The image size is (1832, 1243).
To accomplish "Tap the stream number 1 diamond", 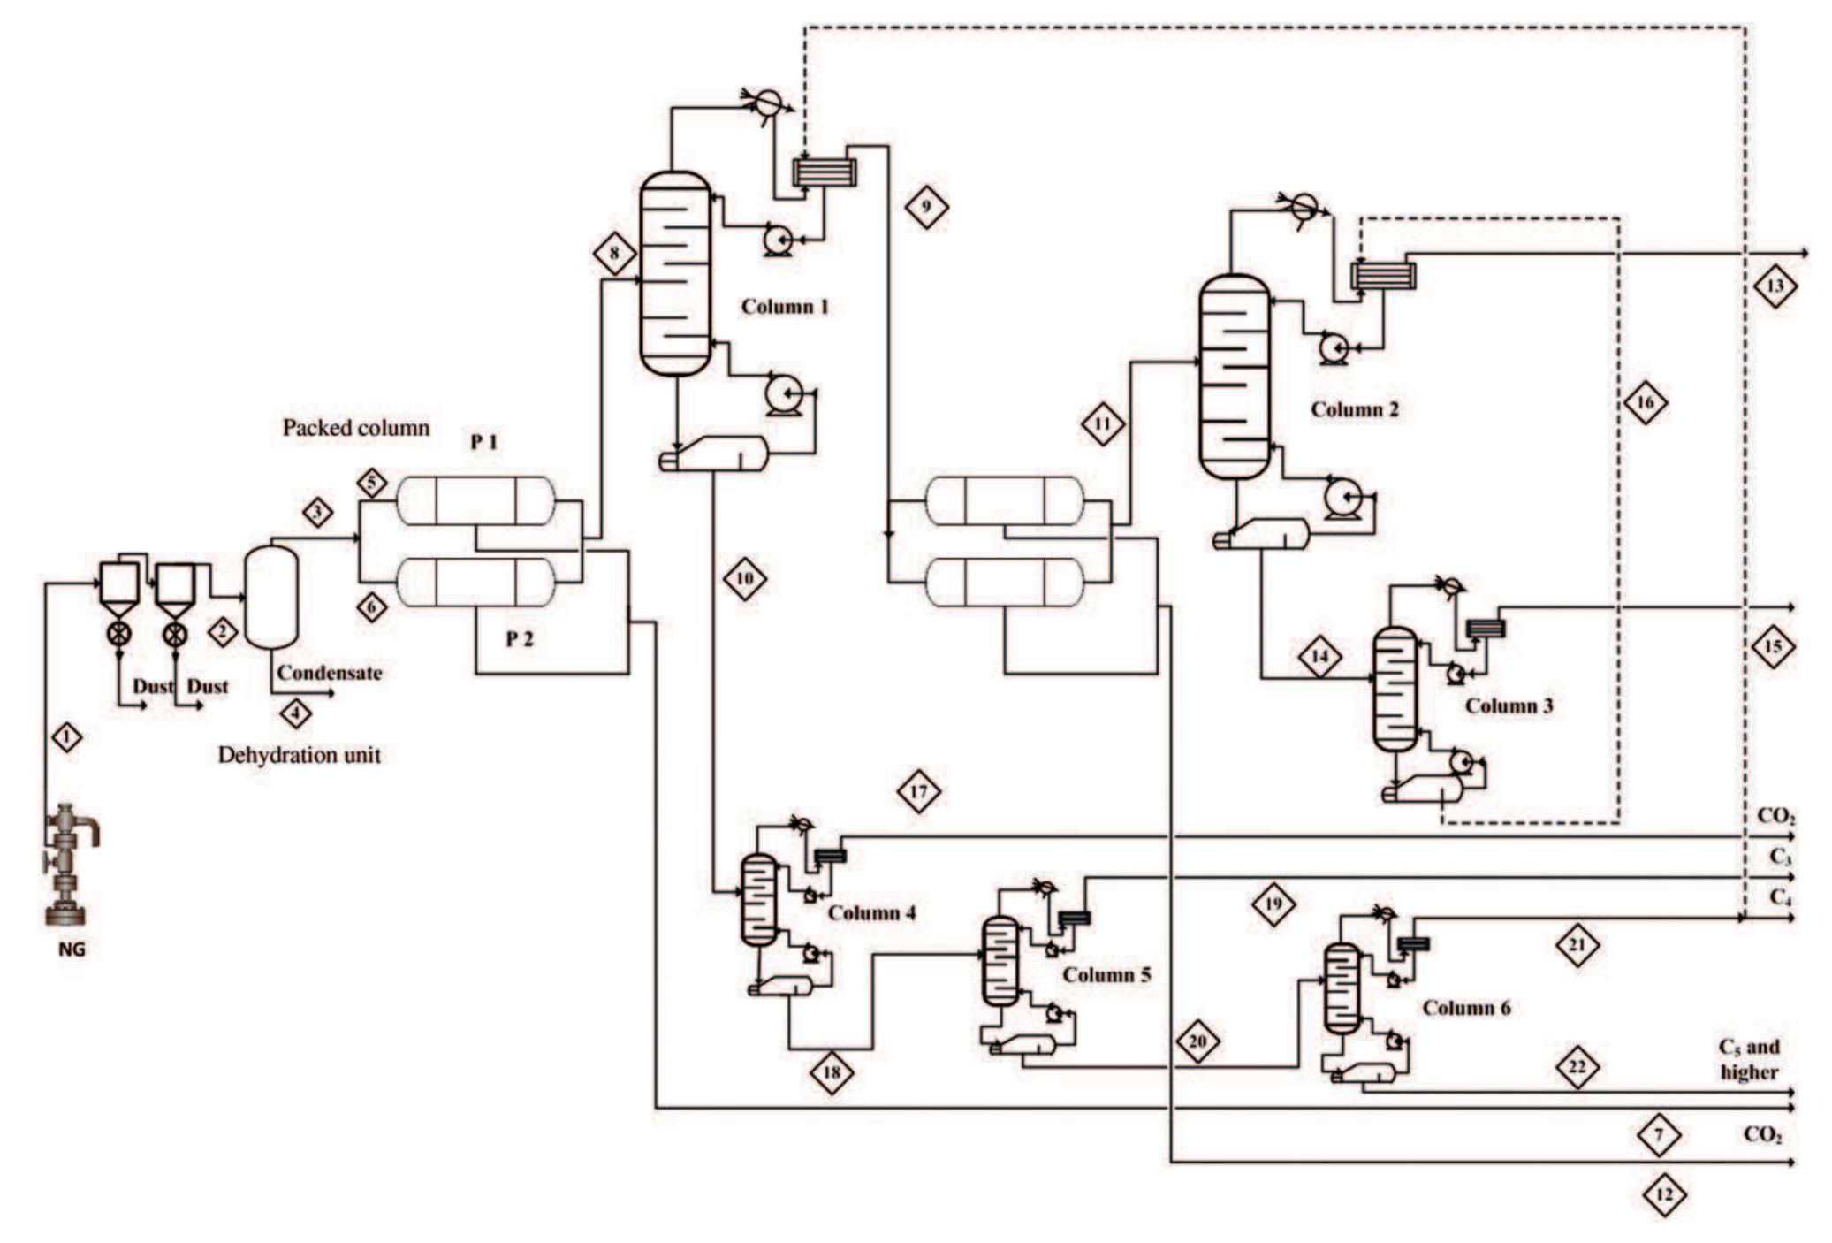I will point(67,736).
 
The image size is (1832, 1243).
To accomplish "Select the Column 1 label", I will point(784,307).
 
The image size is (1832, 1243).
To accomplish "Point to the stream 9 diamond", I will point(926,207).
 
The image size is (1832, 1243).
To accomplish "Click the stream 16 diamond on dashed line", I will point(1645,403).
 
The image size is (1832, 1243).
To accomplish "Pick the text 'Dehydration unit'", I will point(299,755).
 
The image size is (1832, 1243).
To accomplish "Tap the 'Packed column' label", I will point(355,428).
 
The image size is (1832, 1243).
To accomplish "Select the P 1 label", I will point(483,441).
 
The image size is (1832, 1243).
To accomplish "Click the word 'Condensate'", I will point(329,673).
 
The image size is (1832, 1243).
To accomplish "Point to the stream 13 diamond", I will point(1775,286).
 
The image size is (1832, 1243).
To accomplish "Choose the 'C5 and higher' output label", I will point(1748,1059).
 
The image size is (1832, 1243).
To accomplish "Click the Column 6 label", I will point(1466,1008).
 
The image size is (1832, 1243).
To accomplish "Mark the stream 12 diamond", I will point(1664,1195).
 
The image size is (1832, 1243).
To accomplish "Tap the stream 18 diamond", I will point(832,1073).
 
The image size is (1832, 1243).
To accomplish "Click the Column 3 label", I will point(1509,705).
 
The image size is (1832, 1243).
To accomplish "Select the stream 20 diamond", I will point(1197,1041).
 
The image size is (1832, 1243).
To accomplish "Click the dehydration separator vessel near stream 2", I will point(270,597).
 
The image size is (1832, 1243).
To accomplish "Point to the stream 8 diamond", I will point(615,255).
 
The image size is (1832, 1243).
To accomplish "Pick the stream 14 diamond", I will point(1319,657).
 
